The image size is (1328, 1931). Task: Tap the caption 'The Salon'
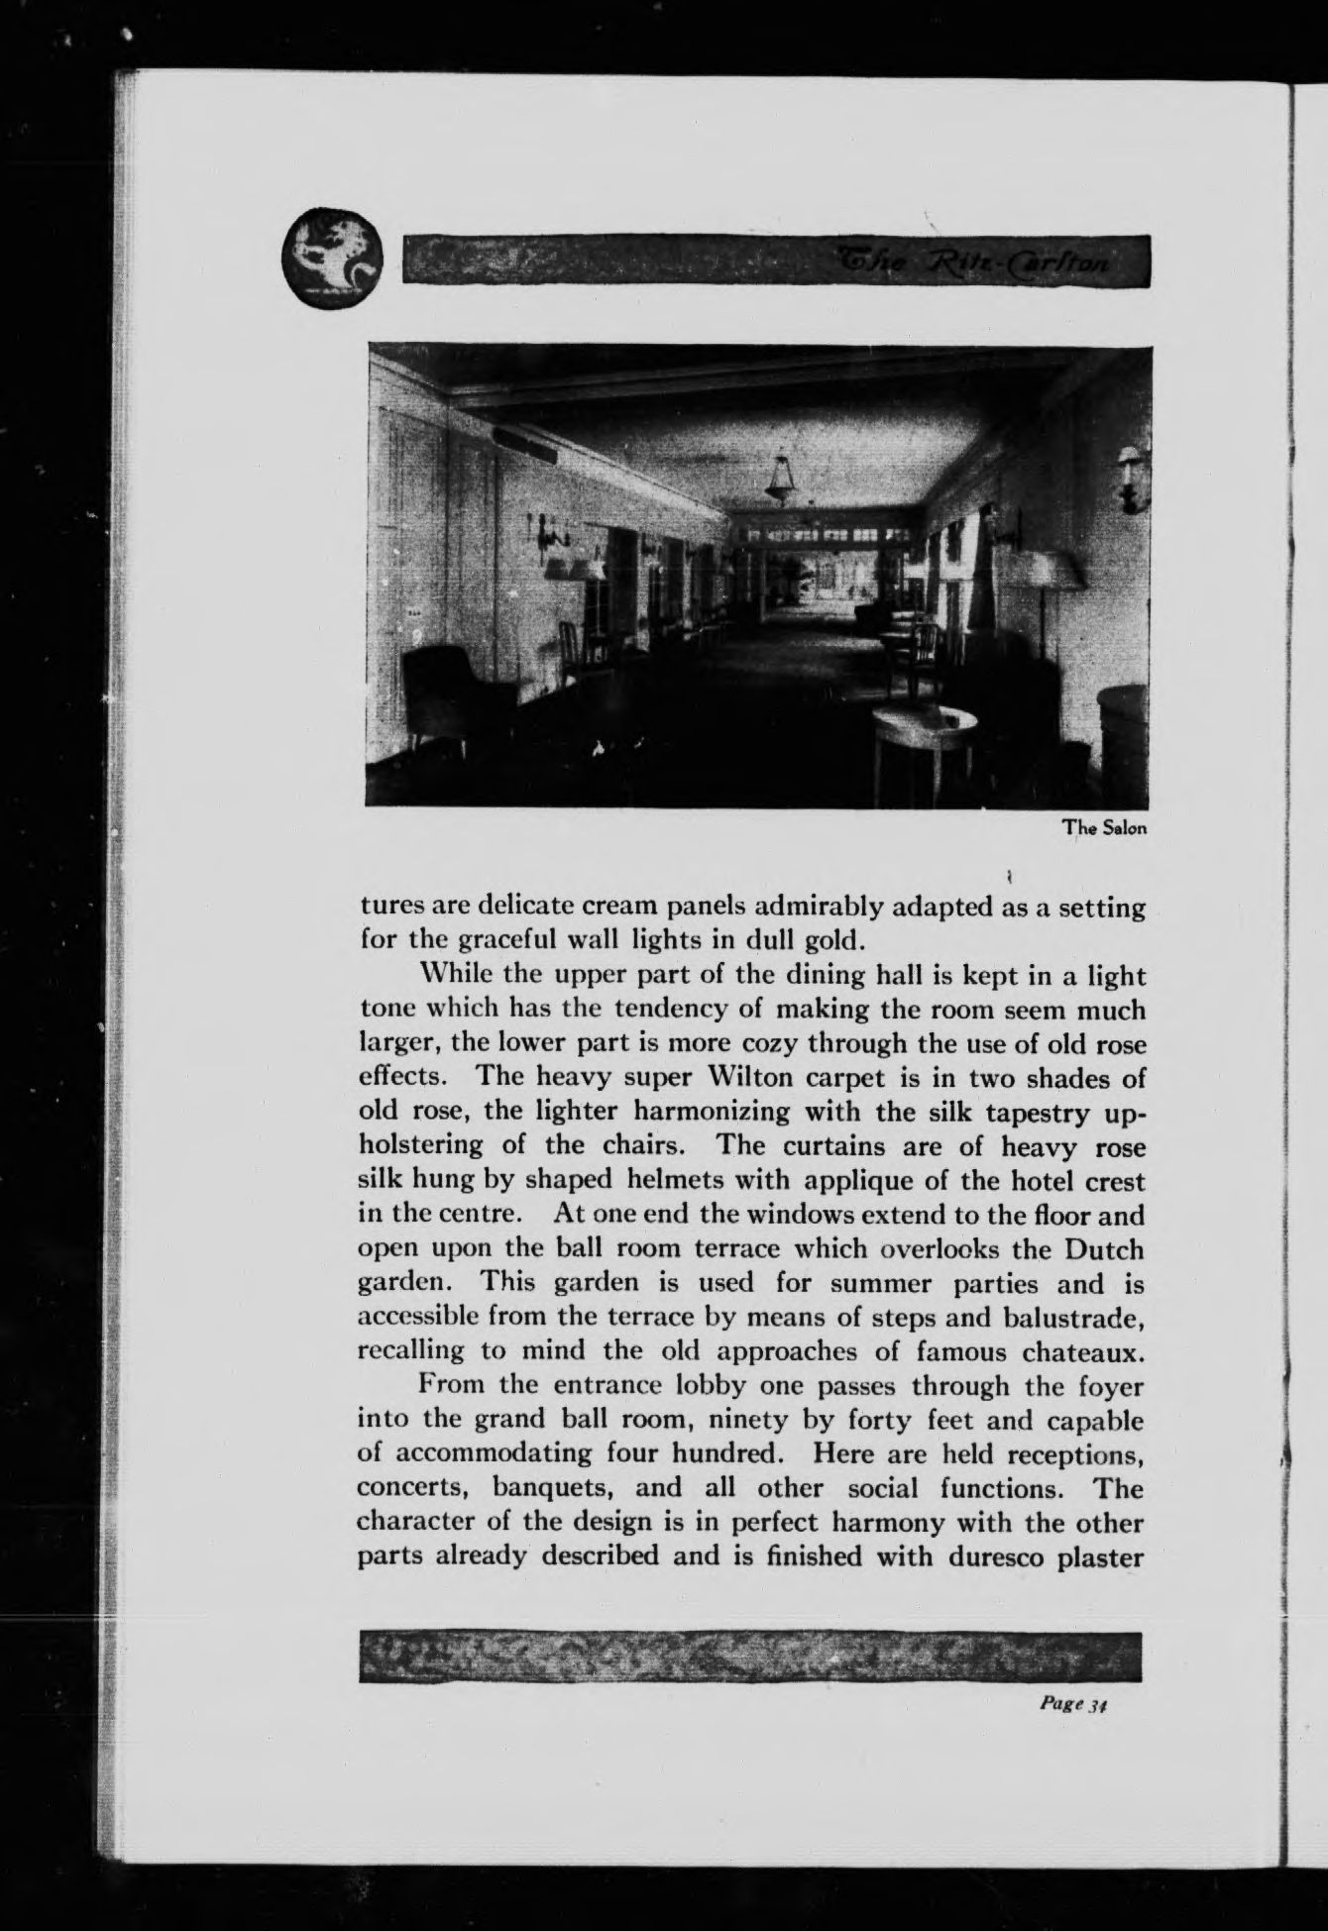pyautogui.click(x=1105, y=828)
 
